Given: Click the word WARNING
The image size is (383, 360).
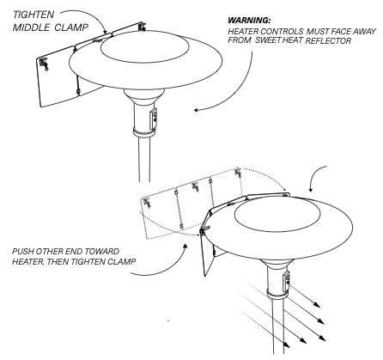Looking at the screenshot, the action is (x=249, y=21).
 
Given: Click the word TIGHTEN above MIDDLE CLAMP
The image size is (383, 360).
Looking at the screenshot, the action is (x=33, y=15).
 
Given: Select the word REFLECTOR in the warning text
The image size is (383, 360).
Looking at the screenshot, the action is (x=328, y=40).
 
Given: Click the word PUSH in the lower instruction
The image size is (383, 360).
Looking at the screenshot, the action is (x=22, y=252).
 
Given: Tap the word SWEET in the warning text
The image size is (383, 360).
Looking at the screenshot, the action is (x=268, y=40).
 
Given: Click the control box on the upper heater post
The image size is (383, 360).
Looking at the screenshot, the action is (x=154, y=118).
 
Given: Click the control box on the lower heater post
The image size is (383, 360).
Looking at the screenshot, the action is (x=286, y=282).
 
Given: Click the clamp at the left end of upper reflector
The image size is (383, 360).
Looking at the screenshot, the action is (x=44, y=64).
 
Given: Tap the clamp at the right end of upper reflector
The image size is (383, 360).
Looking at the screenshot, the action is (x=142, y=26).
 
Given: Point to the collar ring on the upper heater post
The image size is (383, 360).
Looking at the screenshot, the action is (x=144, y=133).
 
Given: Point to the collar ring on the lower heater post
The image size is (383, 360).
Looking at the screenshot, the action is (x=277, y=295).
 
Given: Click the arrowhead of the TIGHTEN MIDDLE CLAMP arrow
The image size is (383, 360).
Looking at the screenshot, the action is (x=106, y=31).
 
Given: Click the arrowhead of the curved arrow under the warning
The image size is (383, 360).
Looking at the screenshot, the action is (x=197, y=110).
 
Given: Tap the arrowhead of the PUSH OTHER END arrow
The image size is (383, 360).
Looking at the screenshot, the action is (x=185, y=246).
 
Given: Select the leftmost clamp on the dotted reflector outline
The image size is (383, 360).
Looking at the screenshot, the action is (x=148, y=203).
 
